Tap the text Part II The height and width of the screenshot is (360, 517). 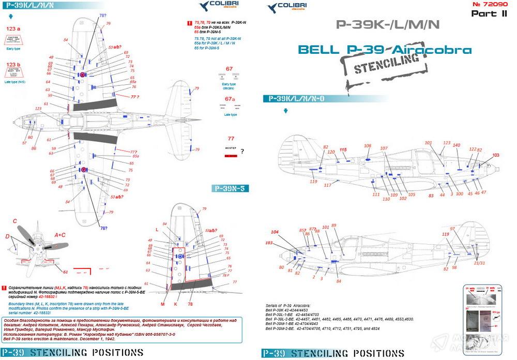point(489,14)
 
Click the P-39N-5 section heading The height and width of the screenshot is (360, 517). point(230,189)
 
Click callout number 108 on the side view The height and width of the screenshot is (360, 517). point(368,146)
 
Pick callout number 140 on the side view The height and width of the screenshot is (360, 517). point(457,145)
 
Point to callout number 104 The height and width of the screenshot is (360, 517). point(275,232)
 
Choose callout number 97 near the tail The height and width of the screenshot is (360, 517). point(452,228)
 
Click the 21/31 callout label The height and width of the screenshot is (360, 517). point(479,263)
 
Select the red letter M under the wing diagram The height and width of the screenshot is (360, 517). point(162,304)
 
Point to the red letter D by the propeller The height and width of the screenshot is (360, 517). point(7,236)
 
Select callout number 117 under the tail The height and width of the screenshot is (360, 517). point(328,185)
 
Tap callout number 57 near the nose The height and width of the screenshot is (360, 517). point(24,143)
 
